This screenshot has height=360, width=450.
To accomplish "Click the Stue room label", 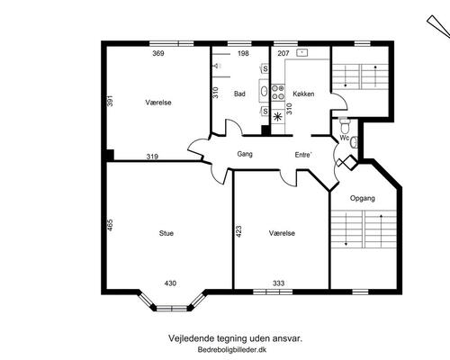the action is pyautogui.click(x=166, y=233).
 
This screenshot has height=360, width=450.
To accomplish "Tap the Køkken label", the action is pyautogui.click(x=303, y=94).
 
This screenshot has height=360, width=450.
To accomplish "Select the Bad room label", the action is pyautogui.click(x=239, y=94).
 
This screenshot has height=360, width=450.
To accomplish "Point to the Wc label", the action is pyautogui.click(x=345, y=138).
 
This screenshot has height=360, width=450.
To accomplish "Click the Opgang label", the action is pyautogui.click(x=363, y=199).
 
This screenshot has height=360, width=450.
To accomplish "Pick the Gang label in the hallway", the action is pyautogui.click(x=245, y=154).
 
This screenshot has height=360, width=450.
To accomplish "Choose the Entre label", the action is pyautogui.click(x=303, y=155).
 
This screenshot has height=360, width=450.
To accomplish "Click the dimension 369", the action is pyautogui.click(x=158, y=53).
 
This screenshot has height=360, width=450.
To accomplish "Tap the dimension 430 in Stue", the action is pyautogui.click(x=170, y=283).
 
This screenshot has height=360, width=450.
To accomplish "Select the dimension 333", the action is pyautogui.click(x=278, y=283).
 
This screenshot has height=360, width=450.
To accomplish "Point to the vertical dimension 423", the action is pyautogui.click(x=238, y=231).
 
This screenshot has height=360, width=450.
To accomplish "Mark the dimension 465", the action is pyautogui.click(x=110, y=225).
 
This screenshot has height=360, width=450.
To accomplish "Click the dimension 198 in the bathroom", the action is pyautogui.click(x=243, y=53).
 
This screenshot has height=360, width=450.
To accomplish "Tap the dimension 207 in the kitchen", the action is pyautogui.click(x=283, y=53).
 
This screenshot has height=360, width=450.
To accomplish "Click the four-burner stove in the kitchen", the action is pyautogui.click(x=278, y=93).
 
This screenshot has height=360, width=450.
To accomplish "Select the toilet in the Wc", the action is pyautogui.click(x=345, y=126).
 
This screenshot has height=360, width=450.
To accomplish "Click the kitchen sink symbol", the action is pyautogui.click(x=302, y=53).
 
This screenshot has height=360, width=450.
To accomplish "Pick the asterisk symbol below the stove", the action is pyautogui.click(x=277, y=116).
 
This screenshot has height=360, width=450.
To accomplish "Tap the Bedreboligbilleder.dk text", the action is pyautogui.click(x=232, y=350).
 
